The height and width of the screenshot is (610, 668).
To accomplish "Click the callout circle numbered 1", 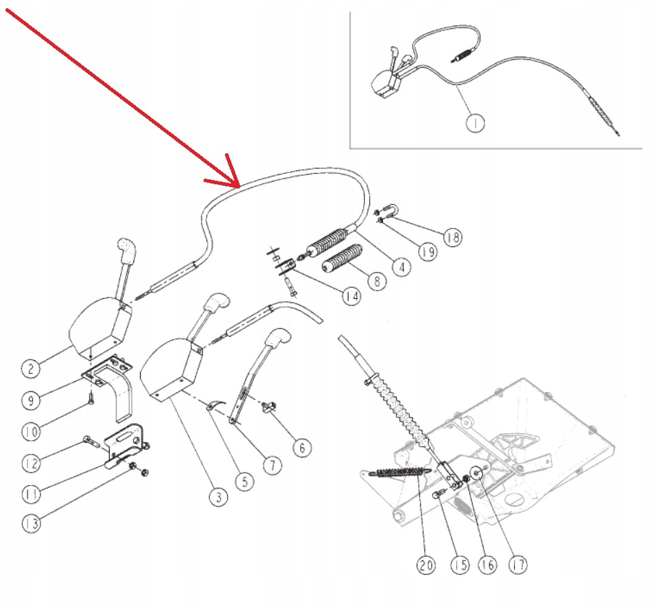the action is [x=475, y=123].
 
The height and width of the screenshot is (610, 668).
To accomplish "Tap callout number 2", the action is [x=29, y=368].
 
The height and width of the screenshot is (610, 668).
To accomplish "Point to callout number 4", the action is [x=401, y=264].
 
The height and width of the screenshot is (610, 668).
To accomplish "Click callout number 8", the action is [x=376, y=282].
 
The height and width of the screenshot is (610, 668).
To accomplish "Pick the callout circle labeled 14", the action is [x=351, y=296].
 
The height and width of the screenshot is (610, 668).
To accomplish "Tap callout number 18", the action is [x=452, y=237].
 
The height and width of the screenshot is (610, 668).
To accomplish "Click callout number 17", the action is [x=517, y=565].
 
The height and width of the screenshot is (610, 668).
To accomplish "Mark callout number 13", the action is [x=29, y=524].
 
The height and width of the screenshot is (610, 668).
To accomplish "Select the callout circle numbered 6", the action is [x=301, y=448].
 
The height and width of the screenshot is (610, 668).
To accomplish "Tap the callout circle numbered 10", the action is [x=29, y=432].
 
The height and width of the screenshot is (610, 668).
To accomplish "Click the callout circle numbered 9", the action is [x=29, y=400].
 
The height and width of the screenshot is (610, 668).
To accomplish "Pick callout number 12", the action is [x=29, y=462].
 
